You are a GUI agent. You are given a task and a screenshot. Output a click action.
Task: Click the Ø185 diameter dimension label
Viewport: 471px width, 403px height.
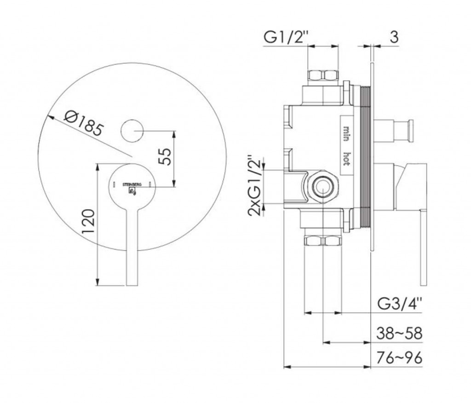84,123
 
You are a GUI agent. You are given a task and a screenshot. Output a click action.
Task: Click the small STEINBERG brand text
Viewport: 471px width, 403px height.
132,184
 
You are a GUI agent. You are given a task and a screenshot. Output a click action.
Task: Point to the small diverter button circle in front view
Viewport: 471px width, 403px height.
132,131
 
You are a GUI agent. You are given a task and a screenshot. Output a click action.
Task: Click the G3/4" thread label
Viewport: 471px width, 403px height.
400,304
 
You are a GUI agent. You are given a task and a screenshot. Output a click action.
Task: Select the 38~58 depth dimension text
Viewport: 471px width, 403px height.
400,333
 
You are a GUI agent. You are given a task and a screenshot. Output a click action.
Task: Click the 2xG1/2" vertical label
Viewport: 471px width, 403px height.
254,185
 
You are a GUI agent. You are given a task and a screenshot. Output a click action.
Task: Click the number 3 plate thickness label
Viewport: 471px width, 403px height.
394,37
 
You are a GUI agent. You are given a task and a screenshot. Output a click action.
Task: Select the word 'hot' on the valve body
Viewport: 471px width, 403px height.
346,158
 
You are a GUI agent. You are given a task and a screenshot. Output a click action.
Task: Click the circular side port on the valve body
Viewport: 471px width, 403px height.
322,188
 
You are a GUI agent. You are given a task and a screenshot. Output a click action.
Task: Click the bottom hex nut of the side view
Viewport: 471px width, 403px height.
323,241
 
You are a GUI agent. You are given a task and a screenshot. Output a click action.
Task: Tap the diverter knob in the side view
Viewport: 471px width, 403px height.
394,131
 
